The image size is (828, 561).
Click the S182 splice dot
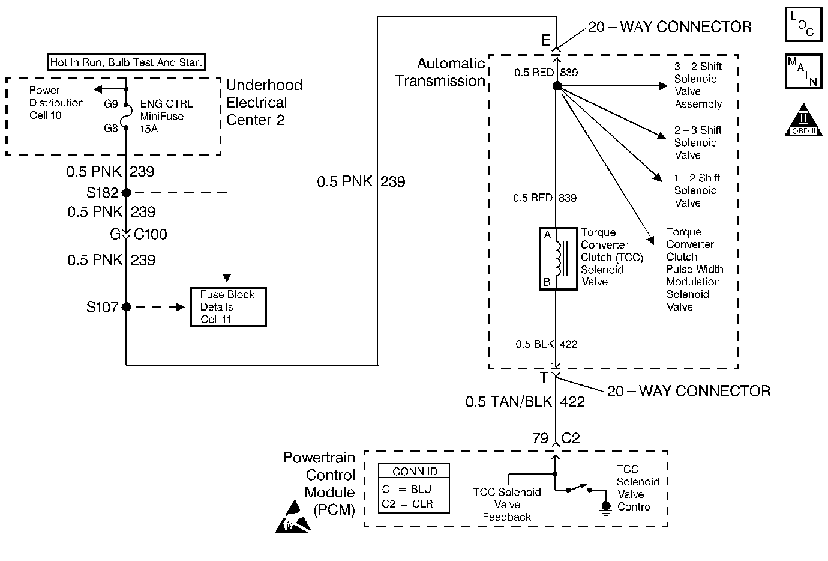coord(126,193)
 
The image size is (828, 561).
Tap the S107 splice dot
coord(126,307)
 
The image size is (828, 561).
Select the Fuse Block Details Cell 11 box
coord(228,307)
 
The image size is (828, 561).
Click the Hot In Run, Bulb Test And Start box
coord(126,62)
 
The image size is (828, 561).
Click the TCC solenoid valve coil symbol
coord(559,259)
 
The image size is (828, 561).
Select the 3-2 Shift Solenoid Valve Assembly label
coord(698,85)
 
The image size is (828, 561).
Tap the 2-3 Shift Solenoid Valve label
coord(697,142)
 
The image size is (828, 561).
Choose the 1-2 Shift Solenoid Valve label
coord(697,190)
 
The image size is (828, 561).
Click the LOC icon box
coord(803,24)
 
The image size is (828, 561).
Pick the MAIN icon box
coord(803,71)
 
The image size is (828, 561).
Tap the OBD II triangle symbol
coord(803,120)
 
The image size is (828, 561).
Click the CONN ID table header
coord(415,472)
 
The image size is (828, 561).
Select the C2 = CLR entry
coord(407,504)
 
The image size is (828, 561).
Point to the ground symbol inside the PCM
coord(605,507)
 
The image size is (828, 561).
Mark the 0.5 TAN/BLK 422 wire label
coord(525,402)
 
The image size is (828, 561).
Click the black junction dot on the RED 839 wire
coord(557,86)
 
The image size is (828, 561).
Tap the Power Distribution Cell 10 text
coord(56,103)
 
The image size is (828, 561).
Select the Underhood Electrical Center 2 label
coord(264,103)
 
